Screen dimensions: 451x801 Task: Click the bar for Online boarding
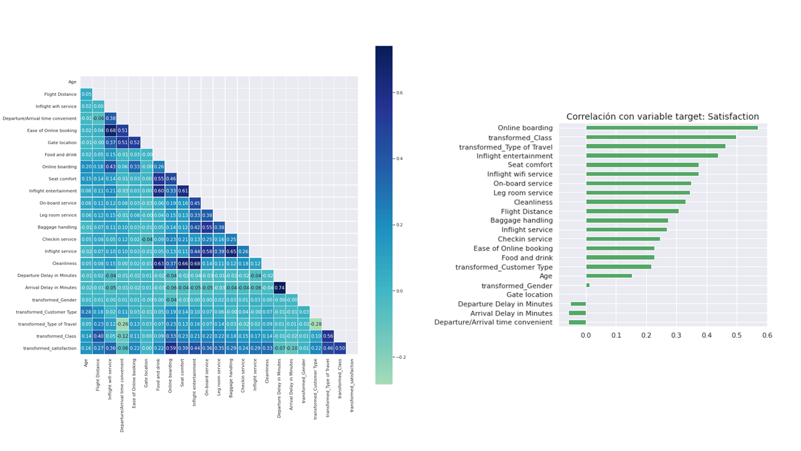pos(671,128)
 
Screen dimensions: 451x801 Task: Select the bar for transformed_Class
pos(661,137)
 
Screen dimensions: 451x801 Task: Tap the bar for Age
pos(609,276)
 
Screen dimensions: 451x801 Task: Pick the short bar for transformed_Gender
pos(588,285)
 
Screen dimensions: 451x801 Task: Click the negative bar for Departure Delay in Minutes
pos(578,304)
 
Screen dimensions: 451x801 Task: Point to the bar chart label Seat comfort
pos(530,165)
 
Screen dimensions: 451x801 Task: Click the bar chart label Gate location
pos(529,294)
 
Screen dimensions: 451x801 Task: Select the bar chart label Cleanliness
pos(533,202)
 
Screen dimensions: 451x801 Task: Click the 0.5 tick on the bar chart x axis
pos(737,335)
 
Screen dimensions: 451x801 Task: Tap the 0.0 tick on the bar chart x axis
pos(586,335)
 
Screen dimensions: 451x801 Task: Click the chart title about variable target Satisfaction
pos(662,117)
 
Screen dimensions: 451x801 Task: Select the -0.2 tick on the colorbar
pos(401,357)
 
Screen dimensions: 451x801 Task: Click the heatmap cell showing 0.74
pos(280,288)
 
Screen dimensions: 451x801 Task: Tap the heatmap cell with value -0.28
pos(316,324)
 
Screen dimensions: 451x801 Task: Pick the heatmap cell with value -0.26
pos(123,324)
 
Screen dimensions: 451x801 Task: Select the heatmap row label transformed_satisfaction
pos(50,348)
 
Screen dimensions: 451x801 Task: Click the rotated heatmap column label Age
pos(86,361)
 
